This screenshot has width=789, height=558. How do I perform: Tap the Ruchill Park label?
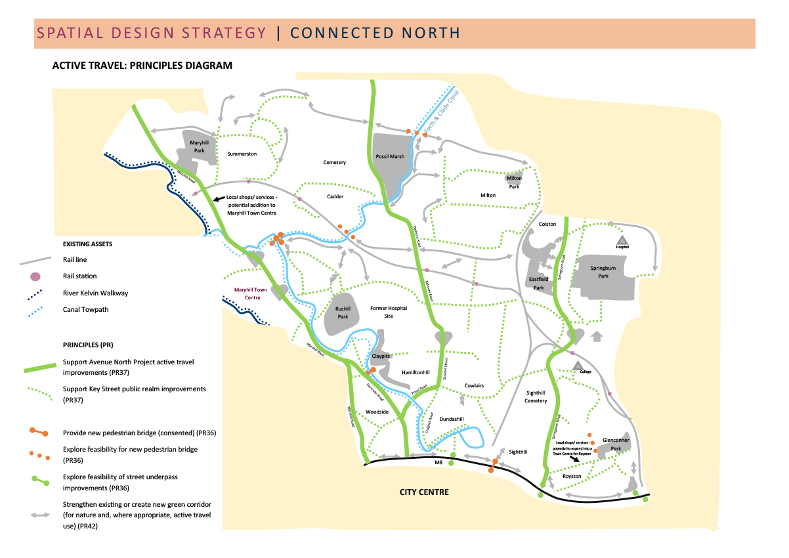(342, 312)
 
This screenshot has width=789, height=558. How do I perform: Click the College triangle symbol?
(577, 366)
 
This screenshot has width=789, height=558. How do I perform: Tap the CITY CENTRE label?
(425, 492)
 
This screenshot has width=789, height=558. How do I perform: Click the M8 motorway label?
(439, 463)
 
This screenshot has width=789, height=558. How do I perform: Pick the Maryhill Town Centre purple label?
(251, 293)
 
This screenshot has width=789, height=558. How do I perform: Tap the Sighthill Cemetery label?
(536, 397)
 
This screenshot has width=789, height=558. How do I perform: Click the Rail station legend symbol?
(35, 276)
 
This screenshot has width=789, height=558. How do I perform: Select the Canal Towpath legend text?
(86, 309)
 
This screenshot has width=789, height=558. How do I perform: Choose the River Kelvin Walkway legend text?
(95, 293)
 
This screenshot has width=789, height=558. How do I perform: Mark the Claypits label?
(381, 356)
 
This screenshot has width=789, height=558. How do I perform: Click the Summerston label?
(242, 154)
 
